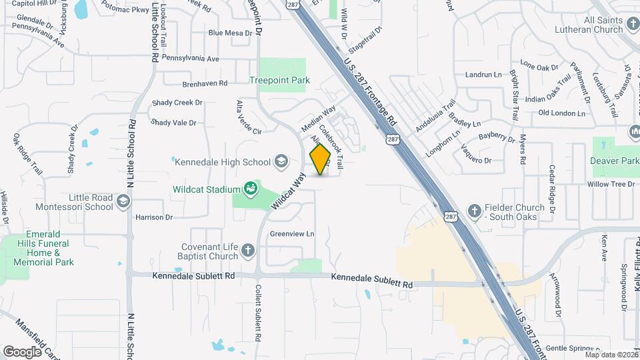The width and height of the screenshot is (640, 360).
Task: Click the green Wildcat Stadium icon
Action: tap(251, 189)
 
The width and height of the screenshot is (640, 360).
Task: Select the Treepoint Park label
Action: tap(279, 81)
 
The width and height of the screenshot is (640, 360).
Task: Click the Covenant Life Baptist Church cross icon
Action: tap(248, 251)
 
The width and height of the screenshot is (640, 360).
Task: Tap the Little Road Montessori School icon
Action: tap(123, 201)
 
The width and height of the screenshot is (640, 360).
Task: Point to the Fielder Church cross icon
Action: tap(474, 212)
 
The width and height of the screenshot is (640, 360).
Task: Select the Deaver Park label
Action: tap(614, 161)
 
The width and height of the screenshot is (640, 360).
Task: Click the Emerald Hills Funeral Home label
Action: tap(44, 248)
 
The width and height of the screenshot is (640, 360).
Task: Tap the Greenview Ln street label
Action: tap(291, 234)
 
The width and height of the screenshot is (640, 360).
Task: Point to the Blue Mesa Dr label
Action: tap(231, 33)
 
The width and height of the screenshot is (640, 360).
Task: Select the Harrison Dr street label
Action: tap(154, 217)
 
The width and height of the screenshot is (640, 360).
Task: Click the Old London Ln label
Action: tap(561, 113)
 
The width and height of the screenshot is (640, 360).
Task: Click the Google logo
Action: tap(23, 351)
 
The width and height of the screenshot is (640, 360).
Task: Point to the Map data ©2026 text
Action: tap(611, 355)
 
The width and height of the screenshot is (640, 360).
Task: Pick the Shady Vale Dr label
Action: tap(173, 123)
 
